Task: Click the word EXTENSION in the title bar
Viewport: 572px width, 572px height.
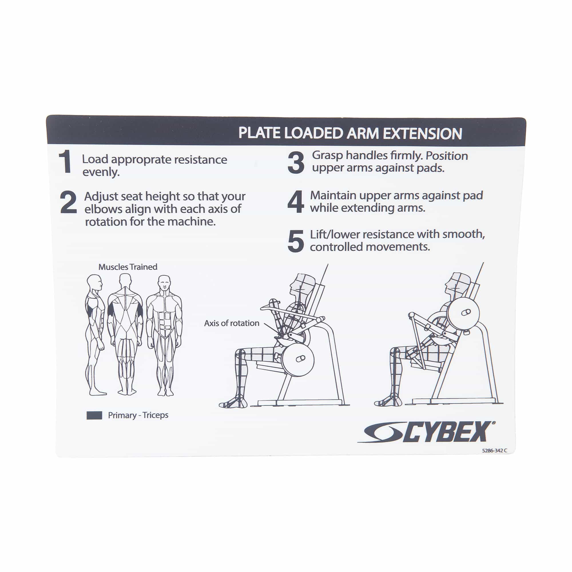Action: [x=422, y=134]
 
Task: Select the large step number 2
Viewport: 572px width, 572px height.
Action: [x=68, y=202]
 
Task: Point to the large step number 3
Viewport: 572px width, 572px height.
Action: [x=296, y=162]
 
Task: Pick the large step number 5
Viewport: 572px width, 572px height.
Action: [x=295, y=241]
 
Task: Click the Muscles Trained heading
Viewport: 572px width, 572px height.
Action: [x=128, y=267]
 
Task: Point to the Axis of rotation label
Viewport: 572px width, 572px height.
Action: [x=232, y=323]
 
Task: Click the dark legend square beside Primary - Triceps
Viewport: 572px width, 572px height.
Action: [x=94, y=415]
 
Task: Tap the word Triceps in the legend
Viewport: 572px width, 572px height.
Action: [x=155, y=415]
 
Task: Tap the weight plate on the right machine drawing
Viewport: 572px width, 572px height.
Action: [x=463, y=313]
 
